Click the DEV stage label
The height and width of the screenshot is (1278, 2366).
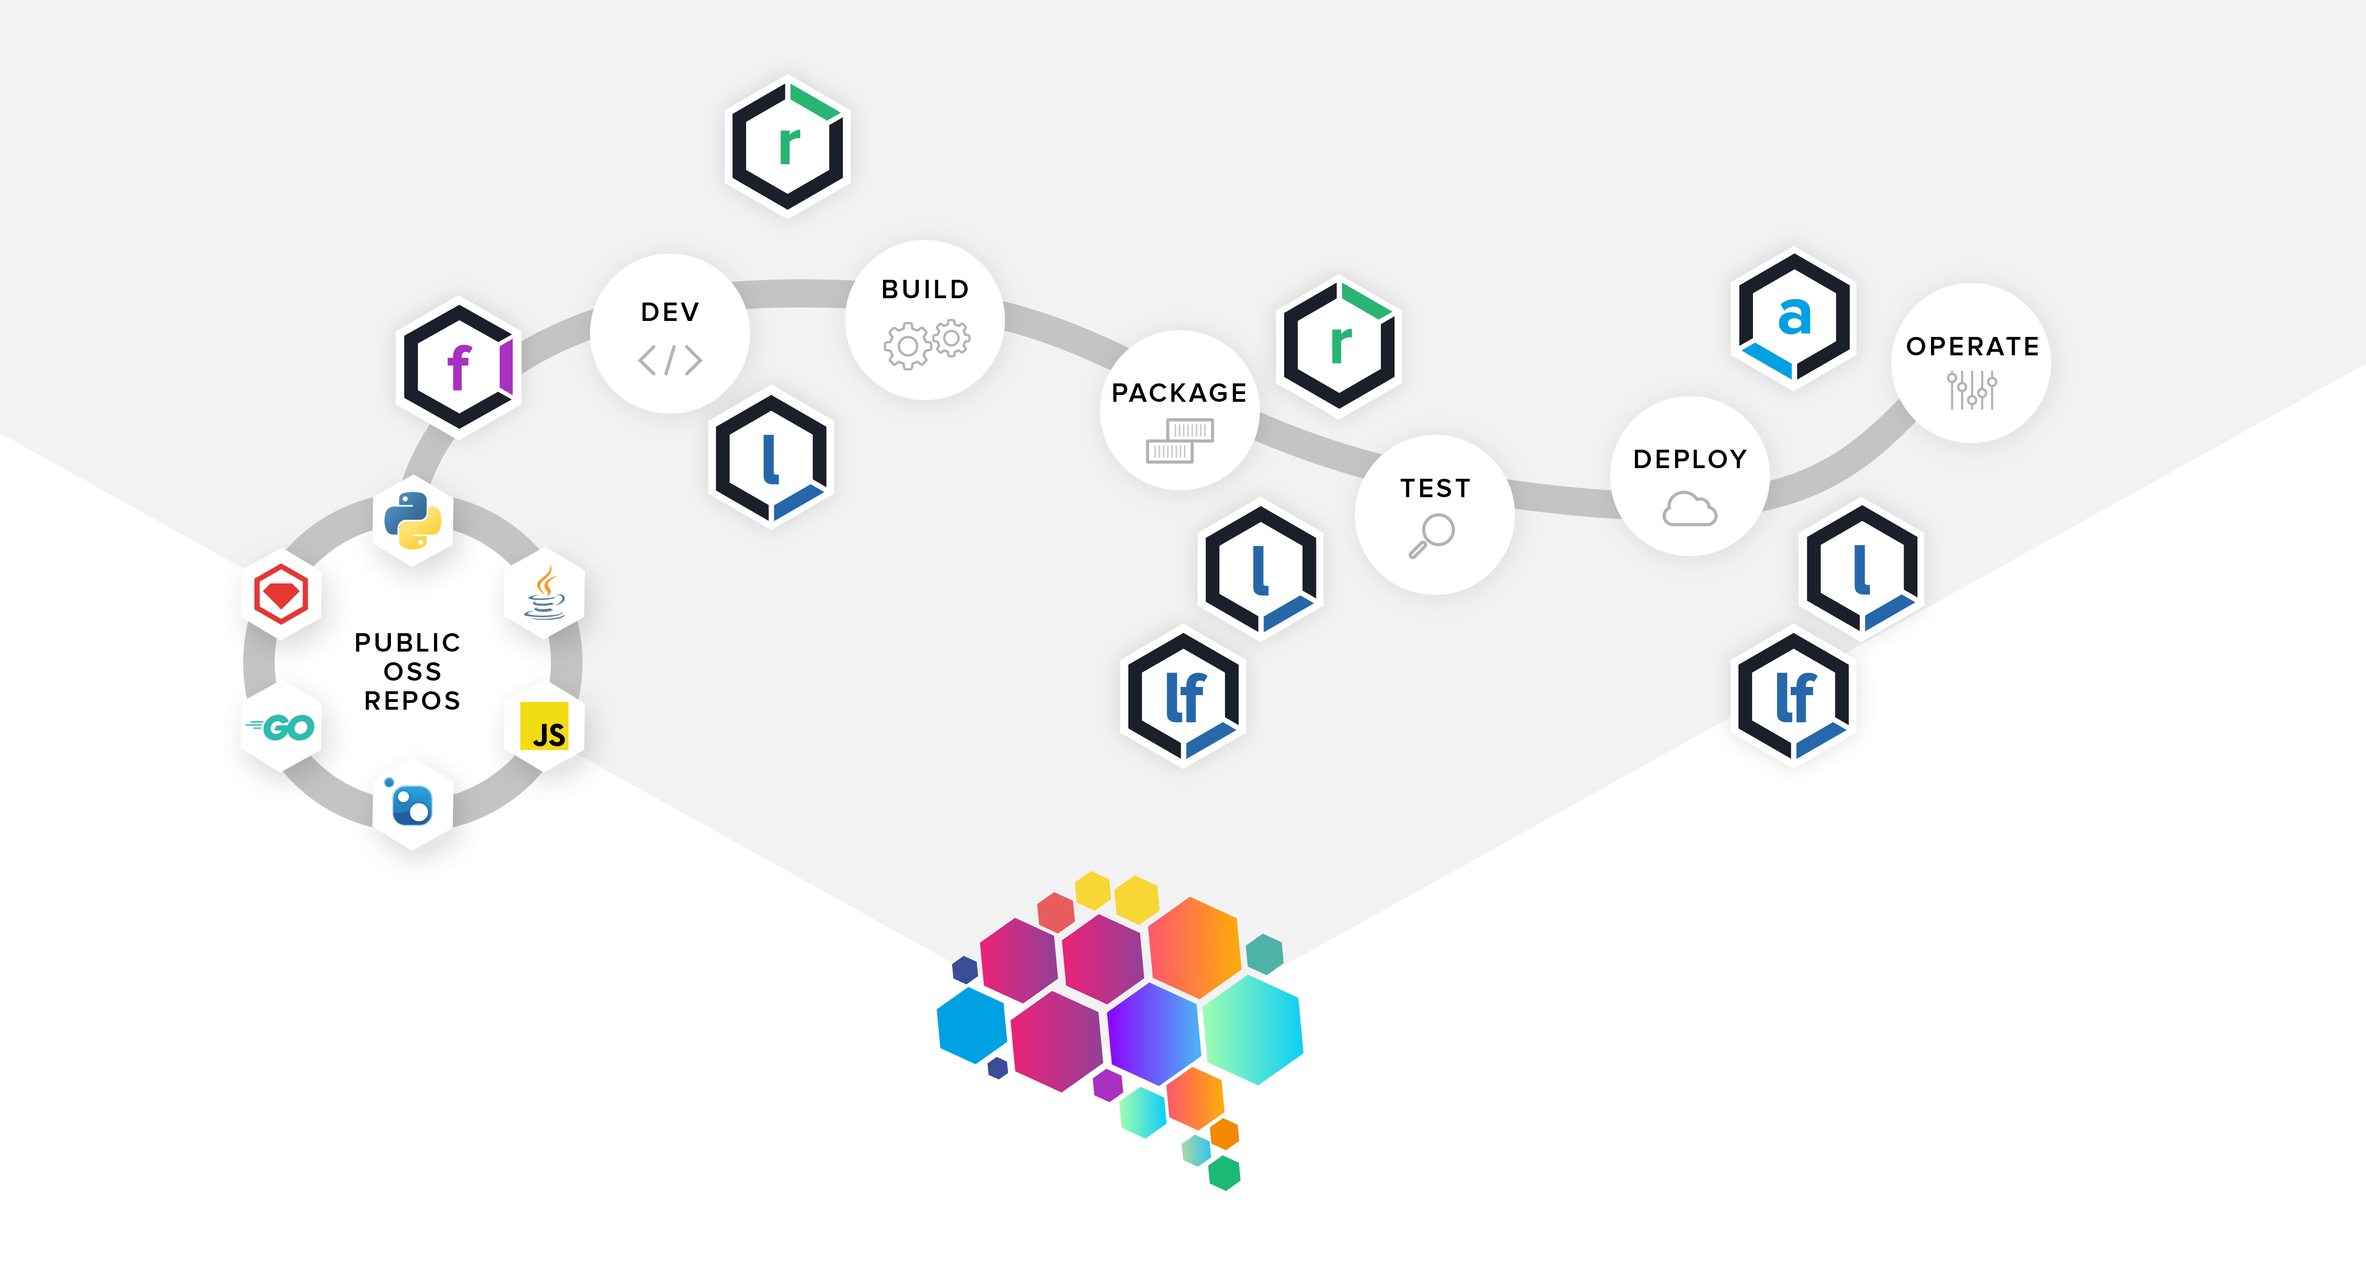(x=670, y=312)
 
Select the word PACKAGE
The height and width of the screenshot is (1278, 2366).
(x=1179, y=393)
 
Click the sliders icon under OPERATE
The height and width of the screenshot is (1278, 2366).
(x=1971, y=390)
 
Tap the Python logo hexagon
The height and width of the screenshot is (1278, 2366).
(x=412, y=520)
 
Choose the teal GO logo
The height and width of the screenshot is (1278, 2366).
(x=281, y=728)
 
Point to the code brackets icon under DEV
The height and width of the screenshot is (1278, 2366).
(x=670, y=360)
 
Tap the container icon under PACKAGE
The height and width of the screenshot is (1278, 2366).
(x=1179, y=441)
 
